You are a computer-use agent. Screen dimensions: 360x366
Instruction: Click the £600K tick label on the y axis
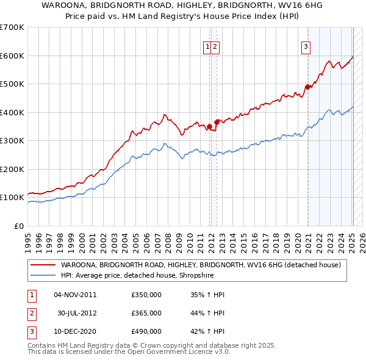coord(12,56)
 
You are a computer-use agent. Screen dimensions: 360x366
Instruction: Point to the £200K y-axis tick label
coord(12,169)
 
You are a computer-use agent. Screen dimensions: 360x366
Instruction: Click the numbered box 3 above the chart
coord(305,46)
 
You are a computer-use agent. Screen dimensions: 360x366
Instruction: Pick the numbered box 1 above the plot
coord(207,46)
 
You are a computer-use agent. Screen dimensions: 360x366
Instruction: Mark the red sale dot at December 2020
coord(308,87)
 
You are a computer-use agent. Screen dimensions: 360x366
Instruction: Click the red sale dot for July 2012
coord(217,123)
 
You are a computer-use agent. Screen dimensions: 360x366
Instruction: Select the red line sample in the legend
coord(44,265)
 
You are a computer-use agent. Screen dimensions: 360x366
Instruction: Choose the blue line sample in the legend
coord(44,275)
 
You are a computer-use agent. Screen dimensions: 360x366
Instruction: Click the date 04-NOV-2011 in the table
coord(75,295)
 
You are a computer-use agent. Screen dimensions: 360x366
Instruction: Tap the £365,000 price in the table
coord(146,313)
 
